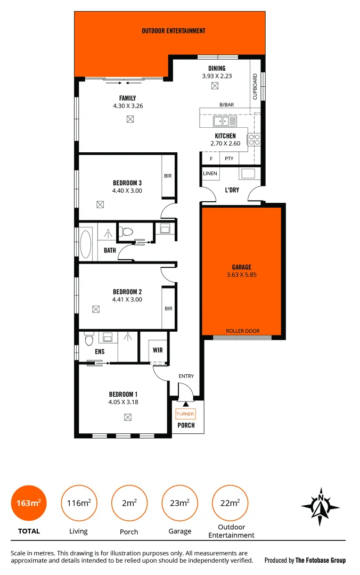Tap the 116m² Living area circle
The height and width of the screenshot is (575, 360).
pyautogui.click(x=78, y=503)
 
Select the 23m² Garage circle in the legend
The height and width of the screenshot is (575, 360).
pyautogui.click(x=179, y=503)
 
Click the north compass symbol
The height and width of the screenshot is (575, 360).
pyautogui.click(x=321, y=503)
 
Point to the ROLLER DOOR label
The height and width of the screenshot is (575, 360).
pyautogui.click(x=242, y=331)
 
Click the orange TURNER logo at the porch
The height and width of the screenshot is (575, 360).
pyautogui.click(x=185, y=414)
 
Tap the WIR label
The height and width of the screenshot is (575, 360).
pyautogui.click(x=158, y=350)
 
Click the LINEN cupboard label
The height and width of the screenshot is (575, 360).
pyautogui.click(x=210, y=174)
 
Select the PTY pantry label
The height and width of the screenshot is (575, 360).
pyautogui.click(x=229, y=159)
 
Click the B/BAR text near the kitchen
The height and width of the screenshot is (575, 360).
pyautogui.click(x=227, y=105)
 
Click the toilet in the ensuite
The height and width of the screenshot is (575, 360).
pyautogui.click(x=88, y=338)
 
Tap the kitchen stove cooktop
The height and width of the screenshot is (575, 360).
pyautogui.click(x=254, y=139)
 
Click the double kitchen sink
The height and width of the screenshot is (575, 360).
pyautogui.click(x=225, y=121)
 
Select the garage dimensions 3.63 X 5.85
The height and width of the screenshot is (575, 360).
pyautogui.click(x=241, y=275)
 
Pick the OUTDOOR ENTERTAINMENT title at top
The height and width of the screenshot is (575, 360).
pyautogui.click(x=174, y=31)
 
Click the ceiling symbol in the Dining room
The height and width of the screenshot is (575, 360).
pyautogui.click(x=215, y=86)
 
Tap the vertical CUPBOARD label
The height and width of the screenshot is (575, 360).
pyautogui.click(x=255, y=86)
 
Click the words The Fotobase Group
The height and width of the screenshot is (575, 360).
pyautogui.click(x=321, y=560)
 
